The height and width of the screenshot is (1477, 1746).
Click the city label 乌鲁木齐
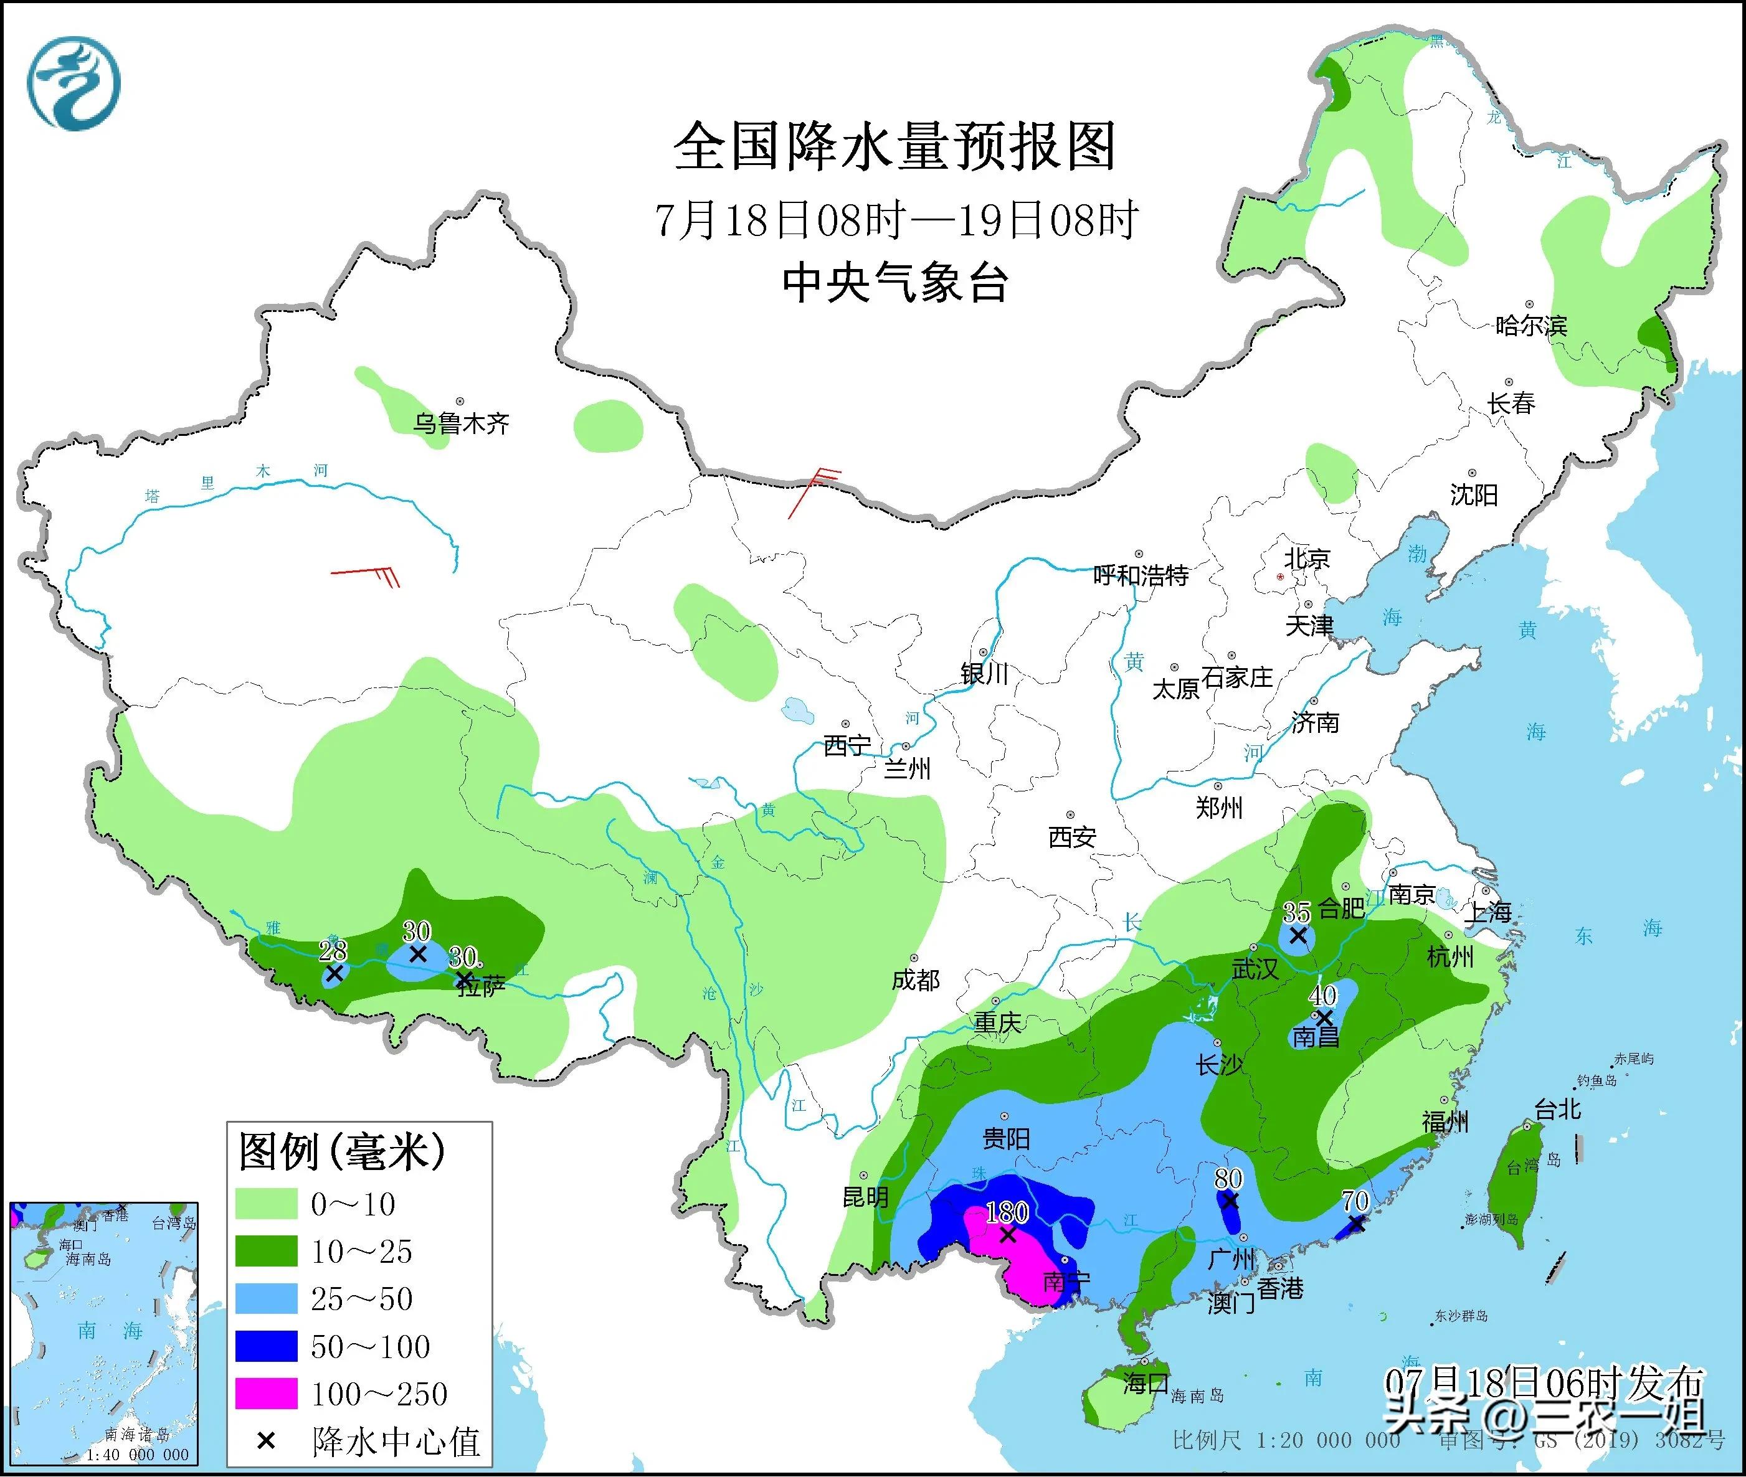460,423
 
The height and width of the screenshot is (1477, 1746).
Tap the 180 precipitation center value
1007,1212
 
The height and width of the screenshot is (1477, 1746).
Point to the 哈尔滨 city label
1530,325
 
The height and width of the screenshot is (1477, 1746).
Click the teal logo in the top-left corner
74,83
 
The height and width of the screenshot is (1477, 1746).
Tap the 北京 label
1307,558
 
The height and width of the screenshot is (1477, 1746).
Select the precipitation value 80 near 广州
1228,1178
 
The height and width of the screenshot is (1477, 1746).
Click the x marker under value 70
1356,1224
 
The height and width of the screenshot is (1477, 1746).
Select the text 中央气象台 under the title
894,283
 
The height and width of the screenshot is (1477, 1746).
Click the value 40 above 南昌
1323,996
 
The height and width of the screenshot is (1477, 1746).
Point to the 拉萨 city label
482,987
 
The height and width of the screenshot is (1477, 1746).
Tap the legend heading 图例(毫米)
342,1151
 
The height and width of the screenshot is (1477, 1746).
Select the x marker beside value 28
334,973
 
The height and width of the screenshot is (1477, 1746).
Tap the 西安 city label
1072,836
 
